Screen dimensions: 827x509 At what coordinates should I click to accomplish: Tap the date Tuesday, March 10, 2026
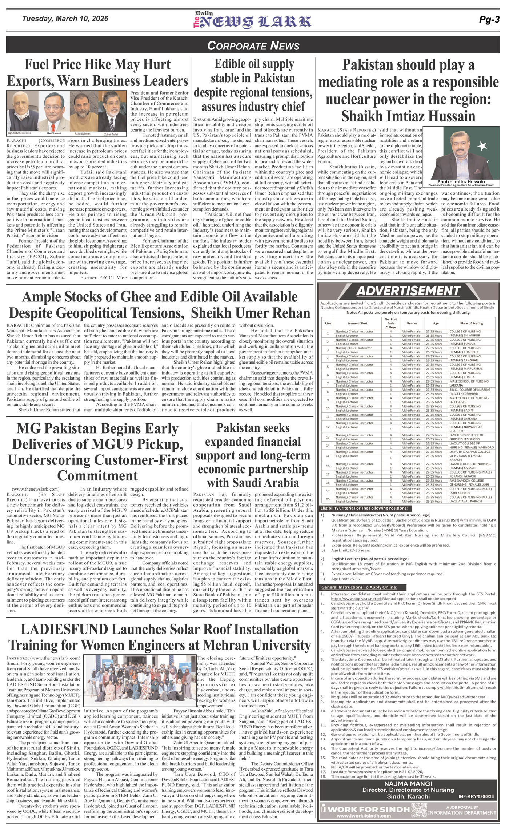(x=65, y=19)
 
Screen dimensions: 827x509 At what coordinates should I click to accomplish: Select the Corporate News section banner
(x=253, y=45)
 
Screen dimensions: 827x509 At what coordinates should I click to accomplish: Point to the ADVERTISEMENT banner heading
(x=408, y=291)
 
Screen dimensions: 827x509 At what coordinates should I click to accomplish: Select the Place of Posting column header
(x=471, y=323)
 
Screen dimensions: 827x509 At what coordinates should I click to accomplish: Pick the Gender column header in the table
(x=412, y=323)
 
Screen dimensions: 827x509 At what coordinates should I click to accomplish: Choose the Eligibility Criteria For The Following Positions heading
(x=364, y=508)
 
